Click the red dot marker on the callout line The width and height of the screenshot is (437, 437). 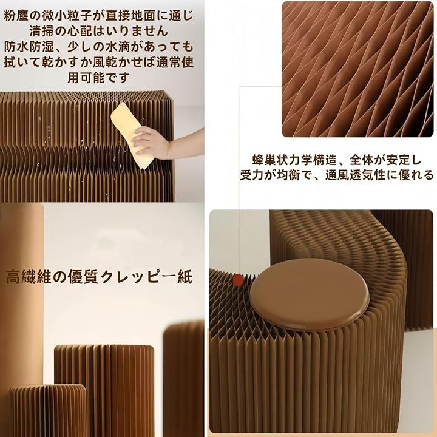[x=238, y=280]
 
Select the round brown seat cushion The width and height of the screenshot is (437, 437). [x=310, y=295]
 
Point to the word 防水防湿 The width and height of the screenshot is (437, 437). [x=29, y=47]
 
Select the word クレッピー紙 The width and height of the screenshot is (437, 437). [x=147, y=277]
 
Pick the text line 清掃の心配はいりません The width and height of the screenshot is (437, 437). [x=99, y=32]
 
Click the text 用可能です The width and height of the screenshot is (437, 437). [x=99, y=78]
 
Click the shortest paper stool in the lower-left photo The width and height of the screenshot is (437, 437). [x=47, y=410]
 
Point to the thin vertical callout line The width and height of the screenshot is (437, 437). [x=239, y=181]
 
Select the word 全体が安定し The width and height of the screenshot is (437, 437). [x=385, y=160]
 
